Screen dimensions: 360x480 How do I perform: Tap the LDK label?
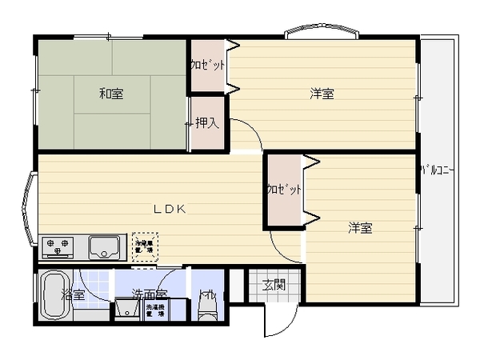(x=170, y=209)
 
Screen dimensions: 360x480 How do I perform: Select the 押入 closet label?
(x=206, y=123)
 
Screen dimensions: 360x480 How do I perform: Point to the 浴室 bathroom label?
(x=73, y=295)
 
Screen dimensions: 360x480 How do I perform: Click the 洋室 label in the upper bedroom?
(x=322, y=94)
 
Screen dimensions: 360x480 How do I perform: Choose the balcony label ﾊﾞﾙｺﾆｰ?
(x=437, y=170)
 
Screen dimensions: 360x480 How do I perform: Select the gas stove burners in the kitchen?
(x=57, y=246)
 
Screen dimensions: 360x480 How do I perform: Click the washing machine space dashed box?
(x=155, y=310)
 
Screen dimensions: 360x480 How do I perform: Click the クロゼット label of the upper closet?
(x=207, y=66)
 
